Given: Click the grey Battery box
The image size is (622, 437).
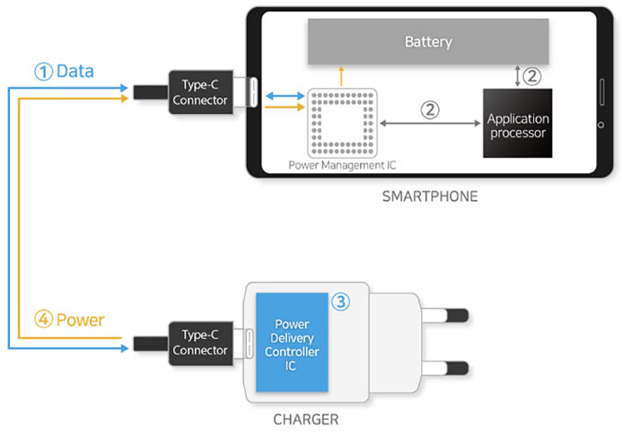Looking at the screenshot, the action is tap(428, 41).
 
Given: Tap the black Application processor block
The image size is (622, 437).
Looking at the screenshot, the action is tap(517, 123).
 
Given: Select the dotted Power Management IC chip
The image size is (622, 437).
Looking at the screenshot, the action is tap(342, 123).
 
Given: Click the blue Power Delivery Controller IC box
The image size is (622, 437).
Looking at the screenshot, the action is tap(292, 342).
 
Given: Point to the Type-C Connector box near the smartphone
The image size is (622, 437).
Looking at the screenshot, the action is tap(201, 92).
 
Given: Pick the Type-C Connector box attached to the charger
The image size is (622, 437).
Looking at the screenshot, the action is tap(201, 344).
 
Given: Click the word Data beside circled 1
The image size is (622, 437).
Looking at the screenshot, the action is tap(75, 72).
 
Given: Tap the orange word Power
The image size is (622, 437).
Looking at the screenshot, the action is tap(81, 320).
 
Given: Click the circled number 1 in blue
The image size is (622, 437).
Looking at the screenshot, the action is tap(44, 72).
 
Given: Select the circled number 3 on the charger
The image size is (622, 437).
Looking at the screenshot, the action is tap(340, 302).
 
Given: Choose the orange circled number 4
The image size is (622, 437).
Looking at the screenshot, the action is tap(44, 319).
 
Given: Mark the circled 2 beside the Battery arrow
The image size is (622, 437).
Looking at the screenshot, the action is tap(532, 75).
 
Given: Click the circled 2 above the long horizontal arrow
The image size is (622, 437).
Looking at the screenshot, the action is tap(430, 109).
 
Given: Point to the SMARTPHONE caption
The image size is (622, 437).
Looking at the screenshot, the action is tap(430, 197).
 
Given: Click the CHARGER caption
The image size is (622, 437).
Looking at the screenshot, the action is tap(306, 420).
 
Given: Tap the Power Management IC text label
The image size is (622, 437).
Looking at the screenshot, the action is tap(342, 165).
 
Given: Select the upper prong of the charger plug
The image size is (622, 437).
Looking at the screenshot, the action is tap(444, 316).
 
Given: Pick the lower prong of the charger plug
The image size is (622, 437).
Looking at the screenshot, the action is tap(444, 368).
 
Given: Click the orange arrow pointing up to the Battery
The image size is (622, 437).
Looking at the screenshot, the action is tap(341, 76).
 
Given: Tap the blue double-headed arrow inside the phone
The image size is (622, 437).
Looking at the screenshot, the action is tap(285, 96).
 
